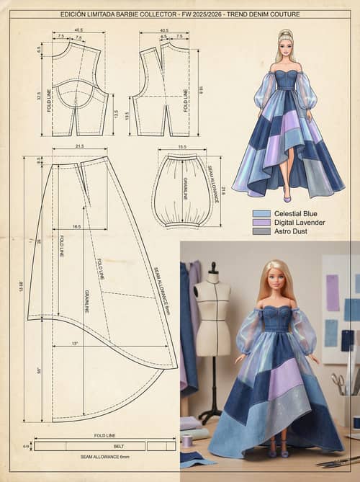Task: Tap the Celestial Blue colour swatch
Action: [261, 214]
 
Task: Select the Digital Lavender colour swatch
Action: [261, 223]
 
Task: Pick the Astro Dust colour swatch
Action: [261, 231]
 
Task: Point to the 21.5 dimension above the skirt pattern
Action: [80, 147]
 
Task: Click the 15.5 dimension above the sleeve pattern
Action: [182, 148]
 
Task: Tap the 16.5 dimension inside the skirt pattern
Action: [76, 226]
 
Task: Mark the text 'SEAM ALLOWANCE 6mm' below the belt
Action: [104, 457]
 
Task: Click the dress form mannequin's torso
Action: [212, 310]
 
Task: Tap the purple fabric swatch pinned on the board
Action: [332, 293]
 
